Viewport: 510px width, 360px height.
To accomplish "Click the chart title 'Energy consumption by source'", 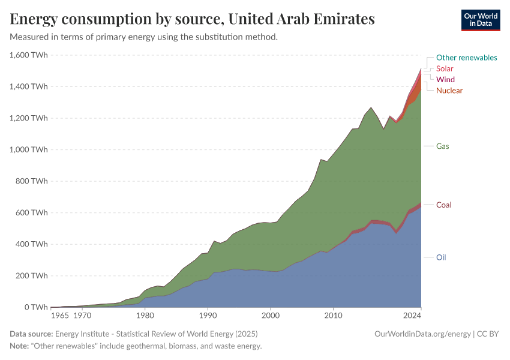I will point(192,19).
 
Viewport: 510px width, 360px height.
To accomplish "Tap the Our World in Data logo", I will point(480,20).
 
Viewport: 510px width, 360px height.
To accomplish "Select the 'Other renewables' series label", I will point(466,58).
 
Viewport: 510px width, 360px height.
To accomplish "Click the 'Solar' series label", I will point(445,68).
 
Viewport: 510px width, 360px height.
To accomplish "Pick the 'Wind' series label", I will point(445,79).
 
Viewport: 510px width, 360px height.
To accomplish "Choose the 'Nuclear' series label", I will point(449,90).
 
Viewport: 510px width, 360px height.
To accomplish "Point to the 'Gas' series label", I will point(443,146).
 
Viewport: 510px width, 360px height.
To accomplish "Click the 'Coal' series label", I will point(443,205).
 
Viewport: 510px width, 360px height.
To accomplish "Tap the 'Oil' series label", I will point(441,257).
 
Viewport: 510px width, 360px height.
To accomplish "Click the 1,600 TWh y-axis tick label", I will point(29,55).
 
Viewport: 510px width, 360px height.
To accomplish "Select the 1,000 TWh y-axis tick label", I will point(29,150).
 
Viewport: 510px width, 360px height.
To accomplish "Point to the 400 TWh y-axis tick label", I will point(31,244).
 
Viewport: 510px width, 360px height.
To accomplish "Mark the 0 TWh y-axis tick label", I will point(35,307).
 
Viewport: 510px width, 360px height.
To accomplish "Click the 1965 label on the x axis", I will point(59,315).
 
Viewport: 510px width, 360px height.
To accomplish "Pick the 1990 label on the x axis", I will point(208,315).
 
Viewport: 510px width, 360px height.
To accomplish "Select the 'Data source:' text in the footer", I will point(31,334).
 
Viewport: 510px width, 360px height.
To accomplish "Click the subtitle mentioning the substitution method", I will point(144,37).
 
